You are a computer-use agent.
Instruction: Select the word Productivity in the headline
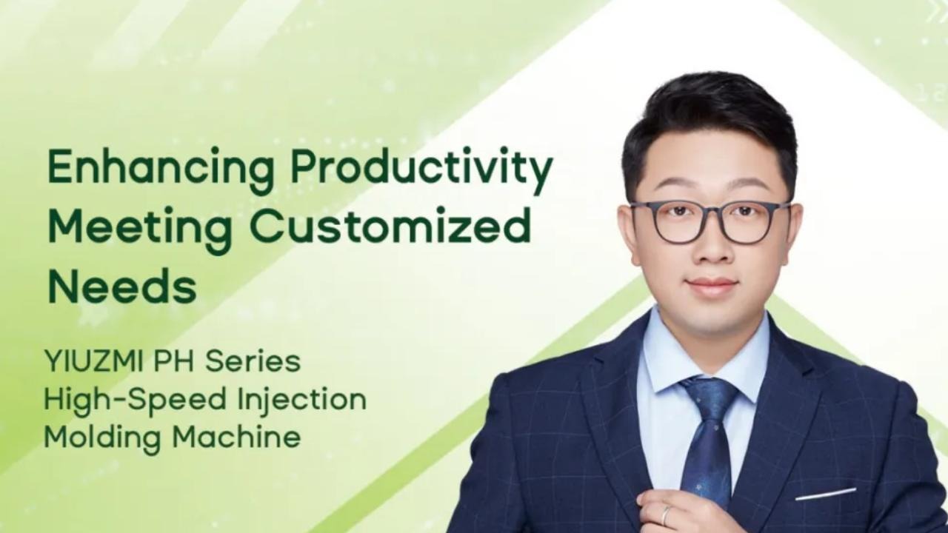pyautogui.click(x=421, y=170)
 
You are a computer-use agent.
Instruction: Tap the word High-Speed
pyautogui.click(x=132, y=400)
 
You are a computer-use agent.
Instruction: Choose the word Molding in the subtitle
pyautogui.click(x=101, y=438)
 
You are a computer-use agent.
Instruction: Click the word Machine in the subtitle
pyautogui.click(x=237, y=438)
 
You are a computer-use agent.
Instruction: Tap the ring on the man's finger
pyautogui.click(x=666, y=514)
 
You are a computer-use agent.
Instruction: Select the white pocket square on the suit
pyautogui.click(x=825, y=494)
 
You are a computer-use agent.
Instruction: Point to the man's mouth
pyautogui.click(x=711, y=285)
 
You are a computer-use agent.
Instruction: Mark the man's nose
pyautogui.click(x=710, y=248)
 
